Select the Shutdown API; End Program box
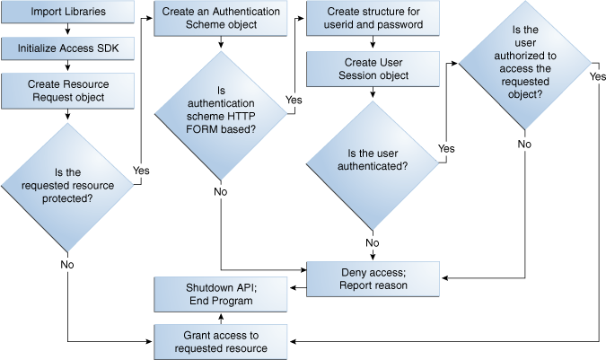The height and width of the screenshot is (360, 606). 221,294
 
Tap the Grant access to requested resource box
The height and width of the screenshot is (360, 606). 221,342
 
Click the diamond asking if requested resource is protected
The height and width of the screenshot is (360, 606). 68,186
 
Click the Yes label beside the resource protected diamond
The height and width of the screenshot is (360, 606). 141,170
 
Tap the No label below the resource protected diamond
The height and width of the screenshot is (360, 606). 66,266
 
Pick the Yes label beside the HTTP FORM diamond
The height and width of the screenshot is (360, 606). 293,99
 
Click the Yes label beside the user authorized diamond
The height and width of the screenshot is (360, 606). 597,77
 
